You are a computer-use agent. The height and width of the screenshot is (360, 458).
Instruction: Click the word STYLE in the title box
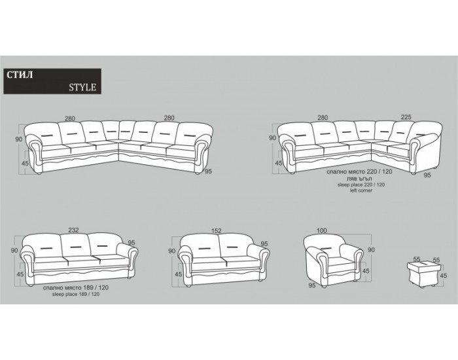pyautogui.click(x=82, y=87)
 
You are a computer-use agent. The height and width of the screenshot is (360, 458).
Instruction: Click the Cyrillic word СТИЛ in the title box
pyautogui.click(x=20, y=75)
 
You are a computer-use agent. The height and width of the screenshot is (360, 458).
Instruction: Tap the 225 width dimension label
pyautogui.click(x=406, y=117)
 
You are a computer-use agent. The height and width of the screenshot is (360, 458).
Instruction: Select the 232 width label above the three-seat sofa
pyautogui.click(x=73, y=230)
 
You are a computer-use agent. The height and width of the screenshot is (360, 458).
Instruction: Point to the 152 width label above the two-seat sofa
pyautogui.click(x=216, y=230)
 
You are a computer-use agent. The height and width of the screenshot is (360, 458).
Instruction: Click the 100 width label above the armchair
pyautogui.click(x=322, y=230)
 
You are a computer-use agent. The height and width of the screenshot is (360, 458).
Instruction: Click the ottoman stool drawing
pyautogui.click(x=423, y=274)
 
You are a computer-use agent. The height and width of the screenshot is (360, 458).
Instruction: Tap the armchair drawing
pyautogui.click(x=334, y=262)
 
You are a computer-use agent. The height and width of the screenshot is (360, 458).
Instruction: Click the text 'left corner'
pyautogui.click(x=361, y=190)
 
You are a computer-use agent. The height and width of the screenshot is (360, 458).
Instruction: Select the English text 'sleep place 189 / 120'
pyautogui.click(x=76, y=295)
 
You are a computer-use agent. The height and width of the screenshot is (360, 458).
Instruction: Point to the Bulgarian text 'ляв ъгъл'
pyautogui.click(x=360, y=179)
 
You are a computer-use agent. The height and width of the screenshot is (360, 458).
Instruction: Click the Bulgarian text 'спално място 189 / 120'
pyautogui.click(x=76, y=287)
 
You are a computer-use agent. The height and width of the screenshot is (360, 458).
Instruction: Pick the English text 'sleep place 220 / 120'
pyautogui.click(x=361, y=185)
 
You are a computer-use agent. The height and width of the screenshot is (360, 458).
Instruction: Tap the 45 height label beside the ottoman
pyautogui.click(x=444, y=276)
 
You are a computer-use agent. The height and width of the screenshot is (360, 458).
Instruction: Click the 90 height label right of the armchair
pyautogui.click(x=371, y=250)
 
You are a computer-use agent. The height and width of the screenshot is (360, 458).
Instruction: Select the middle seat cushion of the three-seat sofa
pyautogui.click(x=82, y=261)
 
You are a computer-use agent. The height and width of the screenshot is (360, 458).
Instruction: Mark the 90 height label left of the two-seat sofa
pyautogui.click(x=171, y=251)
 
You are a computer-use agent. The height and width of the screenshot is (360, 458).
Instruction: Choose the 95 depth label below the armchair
pyautogui.click(x=312, y=285)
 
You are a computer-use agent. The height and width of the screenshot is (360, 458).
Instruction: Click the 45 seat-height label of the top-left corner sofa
pyautogui.click(x=25, y=164)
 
